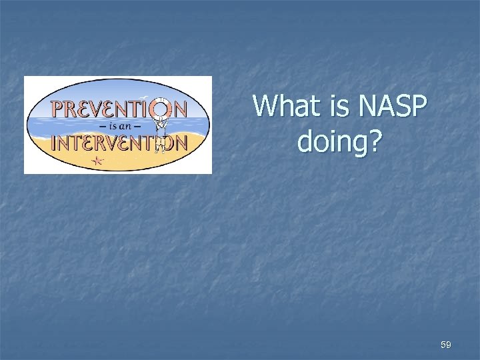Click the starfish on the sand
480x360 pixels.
(x=98, y=160)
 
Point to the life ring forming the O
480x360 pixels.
(x=161, y=107)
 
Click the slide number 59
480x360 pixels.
(x=445, y=345)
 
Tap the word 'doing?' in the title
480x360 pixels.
(x=340, y=141)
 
